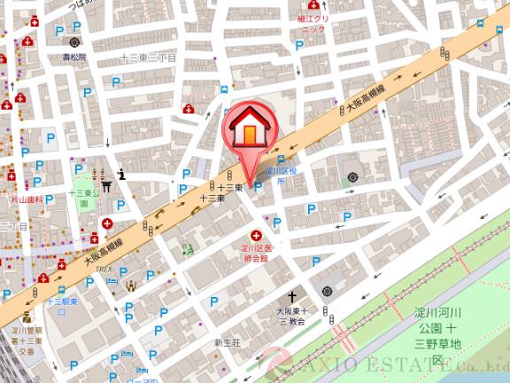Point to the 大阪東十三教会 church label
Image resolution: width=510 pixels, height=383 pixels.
pyautogui.click(x=291, y=317)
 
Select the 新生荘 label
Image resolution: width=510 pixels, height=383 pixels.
pyautogui.click(x=226, y=342)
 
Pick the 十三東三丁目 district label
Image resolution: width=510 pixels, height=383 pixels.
pyautogui.click(x=149, y=58)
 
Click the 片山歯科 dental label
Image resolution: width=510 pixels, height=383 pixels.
pyautogui.click(x=26, y=200)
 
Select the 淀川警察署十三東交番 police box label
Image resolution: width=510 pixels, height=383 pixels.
pyautogui.click(x=27, y=340)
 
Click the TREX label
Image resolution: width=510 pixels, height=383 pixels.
pyautogui.click(x=104, y=269)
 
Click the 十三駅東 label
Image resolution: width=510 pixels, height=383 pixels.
pyautogui.click(x=63, y=302)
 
